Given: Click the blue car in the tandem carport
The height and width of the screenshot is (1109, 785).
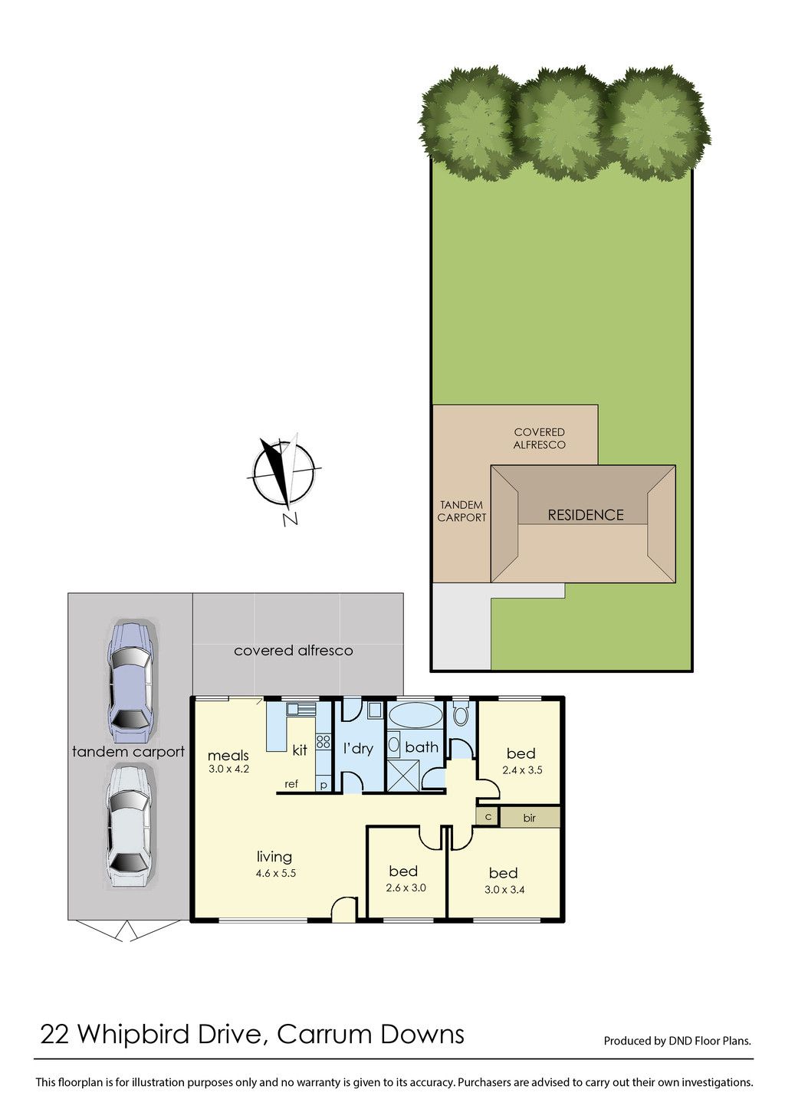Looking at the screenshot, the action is click(130, 683).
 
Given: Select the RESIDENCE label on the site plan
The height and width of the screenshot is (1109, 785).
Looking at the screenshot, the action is click(586, 515).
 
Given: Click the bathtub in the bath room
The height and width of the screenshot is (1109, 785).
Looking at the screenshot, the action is click(415, 715).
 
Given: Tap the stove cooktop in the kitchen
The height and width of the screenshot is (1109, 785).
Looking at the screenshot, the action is click(324, 742).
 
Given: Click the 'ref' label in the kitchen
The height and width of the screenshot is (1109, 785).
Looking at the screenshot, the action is click(291, 784).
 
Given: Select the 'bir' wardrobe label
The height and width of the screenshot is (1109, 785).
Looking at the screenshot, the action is click(530, 818).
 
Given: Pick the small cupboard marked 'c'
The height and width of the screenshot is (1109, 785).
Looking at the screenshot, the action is click(488, 817).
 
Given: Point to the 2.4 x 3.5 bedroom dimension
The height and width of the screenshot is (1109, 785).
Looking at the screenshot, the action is click(522, 770).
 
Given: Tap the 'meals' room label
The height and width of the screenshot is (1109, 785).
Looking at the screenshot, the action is click(228, 756).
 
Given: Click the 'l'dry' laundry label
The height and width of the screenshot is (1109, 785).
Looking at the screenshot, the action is click(358, 749).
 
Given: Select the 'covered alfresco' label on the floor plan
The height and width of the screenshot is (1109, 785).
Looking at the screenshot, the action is click(293, 650).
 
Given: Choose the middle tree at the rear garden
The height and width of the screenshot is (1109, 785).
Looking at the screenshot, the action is click(560, 123).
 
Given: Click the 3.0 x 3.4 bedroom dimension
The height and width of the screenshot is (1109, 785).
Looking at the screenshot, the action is click(504, 890).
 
